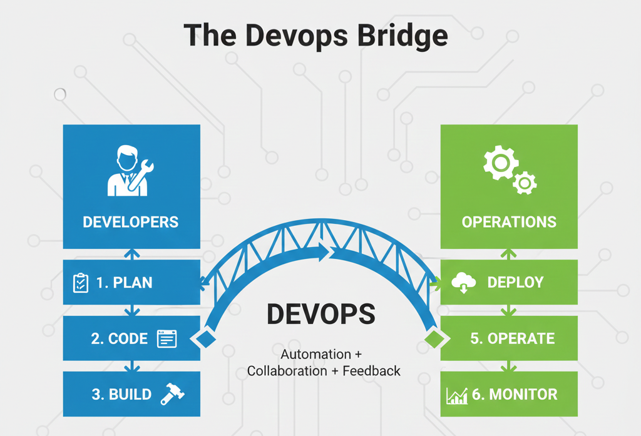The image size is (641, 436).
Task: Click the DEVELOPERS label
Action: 130,222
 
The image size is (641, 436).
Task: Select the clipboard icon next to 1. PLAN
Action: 81,283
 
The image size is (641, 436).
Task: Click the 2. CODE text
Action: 120,338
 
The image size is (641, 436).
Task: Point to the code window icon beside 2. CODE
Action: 167,338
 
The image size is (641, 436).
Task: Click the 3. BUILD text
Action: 121,394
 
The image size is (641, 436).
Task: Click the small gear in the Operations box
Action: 525,183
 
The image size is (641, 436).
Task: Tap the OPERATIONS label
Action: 509,222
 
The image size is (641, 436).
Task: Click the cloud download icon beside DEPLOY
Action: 464,283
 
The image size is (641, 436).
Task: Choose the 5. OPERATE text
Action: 512,338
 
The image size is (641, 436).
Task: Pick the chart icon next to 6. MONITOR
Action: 457,395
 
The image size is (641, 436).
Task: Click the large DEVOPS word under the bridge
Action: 321,314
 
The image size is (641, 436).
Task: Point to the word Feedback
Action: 372,370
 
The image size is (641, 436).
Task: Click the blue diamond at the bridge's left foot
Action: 205,338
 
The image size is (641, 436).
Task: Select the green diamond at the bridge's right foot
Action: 434,338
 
